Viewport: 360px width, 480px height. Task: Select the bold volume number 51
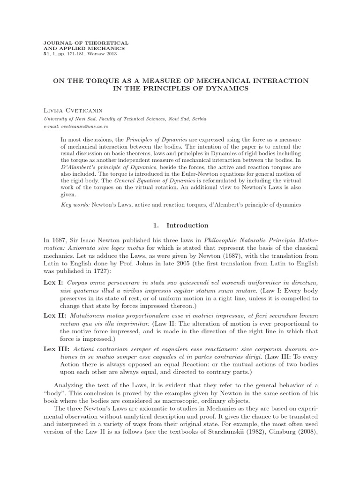pyautogui.click(x=45, y=54)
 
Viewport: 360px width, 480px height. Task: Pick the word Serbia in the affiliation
pyautogui.click(x=197, y=119)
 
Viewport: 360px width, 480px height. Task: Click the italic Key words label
pyautogui.click(x=75, y=205)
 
